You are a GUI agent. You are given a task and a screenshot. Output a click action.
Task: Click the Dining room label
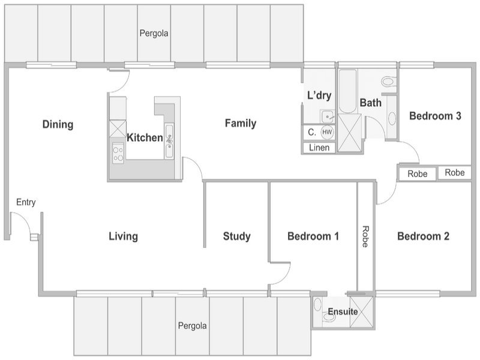tap(58, 124)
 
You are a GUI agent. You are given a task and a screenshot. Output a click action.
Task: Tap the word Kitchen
tap(145, 138)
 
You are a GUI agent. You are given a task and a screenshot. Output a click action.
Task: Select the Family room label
tap(241, 124)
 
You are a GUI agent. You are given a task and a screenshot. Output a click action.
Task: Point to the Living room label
tap(124, 236)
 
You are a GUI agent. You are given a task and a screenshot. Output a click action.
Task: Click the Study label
tap(236, 236)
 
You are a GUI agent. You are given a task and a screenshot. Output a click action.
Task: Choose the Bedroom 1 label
tap(313, 236)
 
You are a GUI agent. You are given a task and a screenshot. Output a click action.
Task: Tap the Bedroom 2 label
tap(424, 236)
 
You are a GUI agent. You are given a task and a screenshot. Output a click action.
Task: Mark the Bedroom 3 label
tap(435, 116)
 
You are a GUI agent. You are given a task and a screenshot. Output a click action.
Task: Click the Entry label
tap(26, 202)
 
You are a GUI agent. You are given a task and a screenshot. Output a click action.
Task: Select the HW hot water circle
tap(327, 132)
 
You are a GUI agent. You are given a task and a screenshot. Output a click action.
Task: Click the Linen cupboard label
tap(319, 148)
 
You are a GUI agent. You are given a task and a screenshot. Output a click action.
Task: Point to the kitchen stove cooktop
tap(118, 154)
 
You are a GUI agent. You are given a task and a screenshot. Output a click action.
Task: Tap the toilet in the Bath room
tap(389, 82)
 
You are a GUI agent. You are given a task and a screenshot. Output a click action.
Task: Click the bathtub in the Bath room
tap(348, 91)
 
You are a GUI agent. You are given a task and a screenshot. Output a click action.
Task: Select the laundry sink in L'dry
tap(328, 116)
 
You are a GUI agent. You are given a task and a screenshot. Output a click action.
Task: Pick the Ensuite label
tap(343, 311)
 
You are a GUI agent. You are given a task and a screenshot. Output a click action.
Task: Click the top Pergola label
tap(154, 33)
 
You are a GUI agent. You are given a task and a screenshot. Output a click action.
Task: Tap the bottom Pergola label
tap(192, 326)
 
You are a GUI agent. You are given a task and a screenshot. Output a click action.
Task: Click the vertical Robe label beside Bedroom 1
tap(365, 236)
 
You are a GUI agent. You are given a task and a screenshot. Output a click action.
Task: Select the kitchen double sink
tap(169, 141)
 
